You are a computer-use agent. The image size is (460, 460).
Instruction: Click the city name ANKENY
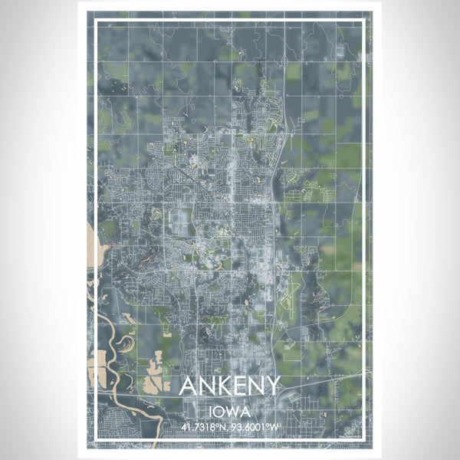point(229,386)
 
